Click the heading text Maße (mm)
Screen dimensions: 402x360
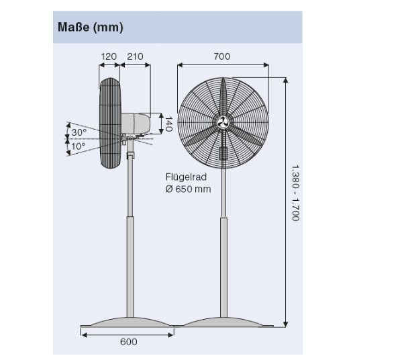90,27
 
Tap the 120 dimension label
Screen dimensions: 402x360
109,56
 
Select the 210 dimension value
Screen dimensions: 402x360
135,56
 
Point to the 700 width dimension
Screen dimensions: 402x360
222,56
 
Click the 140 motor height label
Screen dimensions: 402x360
168,124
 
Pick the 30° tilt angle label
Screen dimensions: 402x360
79,132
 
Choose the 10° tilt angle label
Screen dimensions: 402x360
79,146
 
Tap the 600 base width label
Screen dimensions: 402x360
128,342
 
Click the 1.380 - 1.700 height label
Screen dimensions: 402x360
295,193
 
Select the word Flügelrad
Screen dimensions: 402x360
186,177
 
